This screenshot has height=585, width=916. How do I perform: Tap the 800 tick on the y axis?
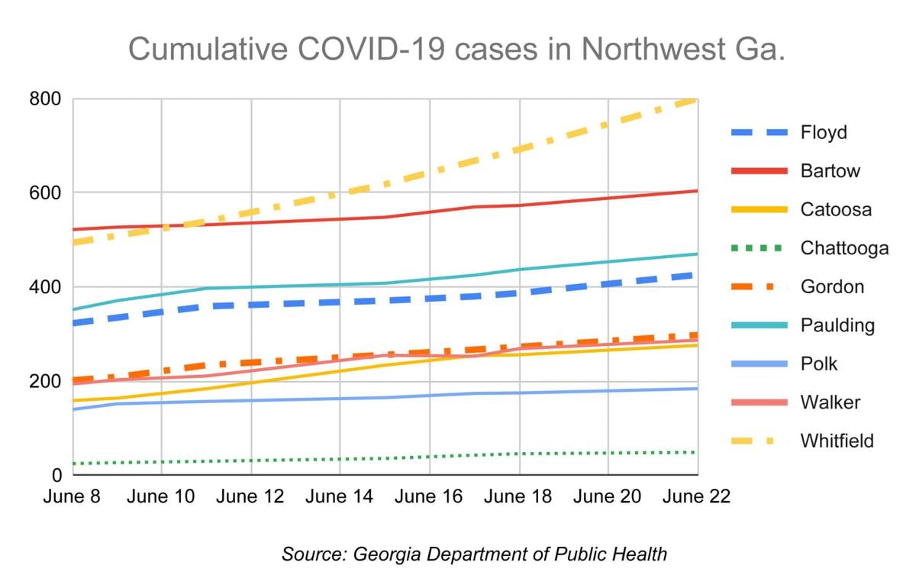(47, 99)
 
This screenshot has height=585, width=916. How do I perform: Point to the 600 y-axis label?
(47, 193)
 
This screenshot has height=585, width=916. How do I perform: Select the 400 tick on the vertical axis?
(47, 287)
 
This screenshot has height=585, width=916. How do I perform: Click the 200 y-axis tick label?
(47, 381)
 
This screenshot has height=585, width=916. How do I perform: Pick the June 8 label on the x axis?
(73, 496)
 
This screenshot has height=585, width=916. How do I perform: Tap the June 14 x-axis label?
(339, 496)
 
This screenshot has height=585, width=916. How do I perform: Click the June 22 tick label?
(695, 496)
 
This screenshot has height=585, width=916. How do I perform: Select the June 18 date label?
(518, 496)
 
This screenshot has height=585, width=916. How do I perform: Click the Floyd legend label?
(824, 132)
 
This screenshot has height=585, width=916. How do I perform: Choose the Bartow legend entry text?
(831, 170)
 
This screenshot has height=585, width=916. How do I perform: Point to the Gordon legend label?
(832, 286)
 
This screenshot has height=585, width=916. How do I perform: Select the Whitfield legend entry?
(837, 441)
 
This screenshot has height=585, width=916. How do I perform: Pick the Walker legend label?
(829, 402)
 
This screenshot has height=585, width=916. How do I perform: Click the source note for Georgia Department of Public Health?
(474, 554)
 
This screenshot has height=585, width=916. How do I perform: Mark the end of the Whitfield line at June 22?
(695, 99)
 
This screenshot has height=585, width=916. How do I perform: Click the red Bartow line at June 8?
(74, 229)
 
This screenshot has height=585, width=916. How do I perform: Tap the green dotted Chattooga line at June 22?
(695, 452)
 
